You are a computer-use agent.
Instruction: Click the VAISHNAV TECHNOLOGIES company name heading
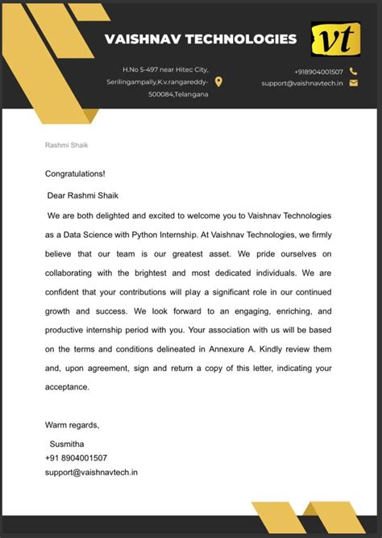point(200,39)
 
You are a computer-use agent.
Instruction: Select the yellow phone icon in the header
point(353,71)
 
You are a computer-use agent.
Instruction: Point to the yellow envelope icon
point(353,83)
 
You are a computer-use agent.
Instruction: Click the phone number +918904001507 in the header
point(318,72)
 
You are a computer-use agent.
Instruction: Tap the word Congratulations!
point(75,173)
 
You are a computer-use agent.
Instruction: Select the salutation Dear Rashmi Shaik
point(83,194)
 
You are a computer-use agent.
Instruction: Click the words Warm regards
point(72,425)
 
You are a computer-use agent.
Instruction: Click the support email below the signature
point(91,472)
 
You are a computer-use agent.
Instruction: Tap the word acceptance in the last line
point(67,387)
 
